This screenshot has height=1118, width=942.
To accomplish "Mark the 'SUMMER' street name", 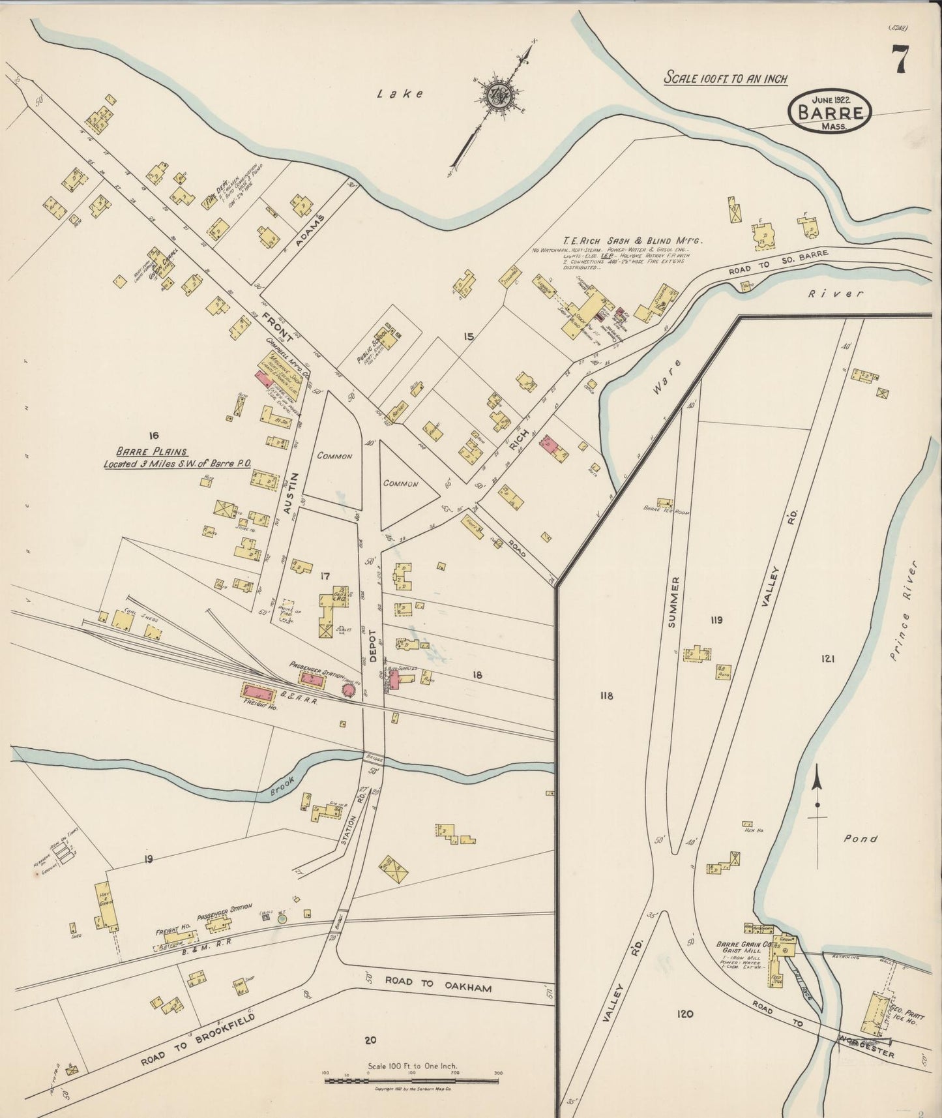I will [673, 602].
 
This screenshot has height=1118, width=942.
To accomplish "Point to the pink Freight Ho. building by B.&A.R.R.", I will [260, 691].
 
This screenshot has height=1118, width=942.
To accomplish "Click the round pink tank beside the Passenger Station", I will [349, 689].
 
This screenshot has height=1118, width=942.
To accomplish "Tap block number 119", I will [716, 620].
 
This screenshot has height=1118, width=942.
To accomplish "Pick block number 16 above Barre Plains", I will [154, 435].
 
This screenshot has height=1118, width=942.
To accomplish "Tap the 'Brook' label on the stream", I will [283, 787].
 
